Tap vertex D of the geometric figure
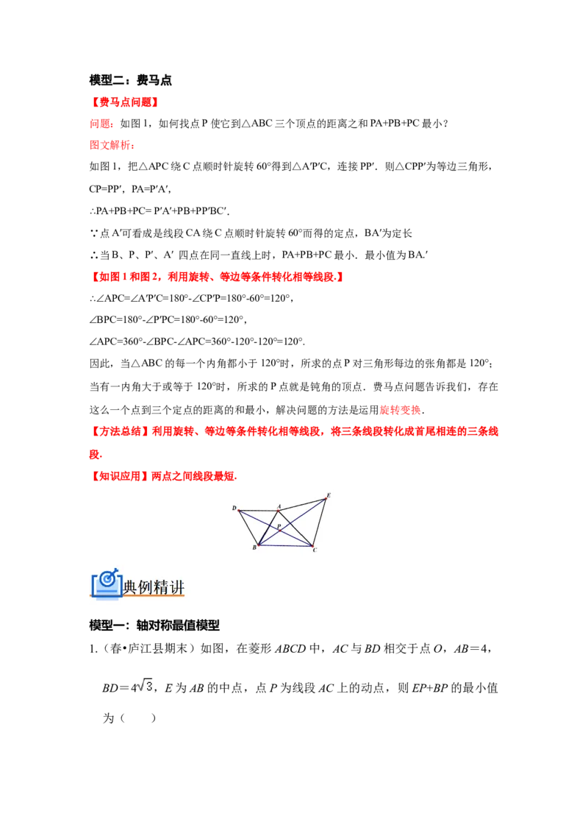[x=239, y=511]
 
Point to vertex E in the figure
[x=326, y=498]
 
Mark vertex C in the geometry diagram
[x=312, y=545]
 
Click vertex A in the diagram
[x=279, y=510]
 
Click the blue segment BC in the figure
[x=285, y=545]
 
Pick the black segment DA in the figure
[x=259, y=511]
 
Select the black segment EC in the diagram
[x=320, y=522]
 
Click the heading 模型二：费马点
[x=131, y=80]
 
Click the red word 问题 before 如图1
[x=100, y=124]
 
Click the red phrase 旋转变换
[x=401, y=410]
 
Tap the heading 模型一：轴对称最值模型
[x=154, y=625]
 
